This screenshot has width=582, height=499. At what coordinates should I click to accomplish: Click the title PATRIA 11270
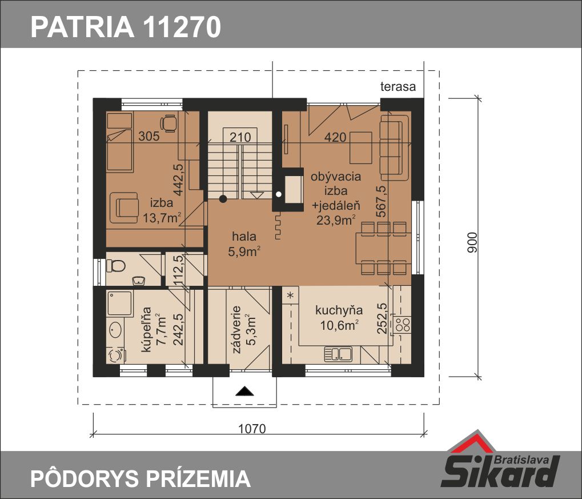(x=126, y=27)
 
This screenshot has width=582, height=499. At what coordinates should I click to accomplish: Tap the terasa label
(x=398, y=86)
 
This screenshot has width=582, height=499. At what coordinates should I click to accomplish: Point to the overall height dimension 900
(x=472, y=242)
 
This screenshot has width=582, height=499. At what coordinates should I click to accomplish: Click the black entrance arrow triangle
(x=244, y=390)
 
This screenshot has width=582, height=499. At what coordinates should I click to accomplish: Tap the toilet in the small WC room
(x=115, y=266)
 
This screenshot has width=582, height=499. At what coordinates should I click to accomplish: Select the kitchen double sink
(x=338, y=353)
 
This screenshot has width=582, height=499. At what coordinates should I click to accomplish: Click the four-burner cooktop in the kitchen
(x=402, y=324)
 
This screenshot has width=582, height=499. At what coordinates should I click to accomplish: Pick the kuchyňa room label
(x=339, y=310)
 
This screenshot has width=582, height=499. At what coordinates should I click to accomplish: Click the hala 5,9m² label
(x=244, y=244)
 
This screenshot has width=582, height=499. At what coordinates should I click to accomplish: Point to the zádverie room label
(x=237, y=330)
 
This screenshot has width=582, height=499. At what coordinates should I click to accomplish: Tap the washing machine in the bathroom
(x=116, y=355)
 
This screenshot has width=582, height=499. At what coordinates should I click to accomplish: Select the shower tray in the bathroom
(x=119, y=304)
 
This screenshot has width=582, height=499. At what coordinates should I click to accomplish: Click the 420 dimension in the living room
(x=335, y=138)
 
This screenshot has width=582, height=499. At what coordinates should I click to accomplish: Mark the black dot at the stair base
(x=223, y=199)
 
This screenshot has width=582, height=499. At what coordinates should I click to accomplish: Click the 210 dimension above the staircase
(x=240, y=138)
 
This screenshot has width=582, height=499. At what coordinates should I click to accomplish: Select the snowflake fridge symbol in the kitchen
(x=291, y=296)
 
